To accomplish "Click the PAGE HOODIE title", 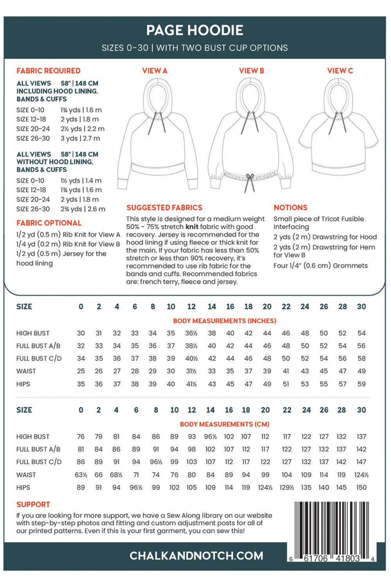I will click(x=195, y=30).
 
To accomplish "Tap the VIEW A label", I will click(x=155, y=71).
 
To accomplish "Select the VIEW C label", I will click(x=340, y=71).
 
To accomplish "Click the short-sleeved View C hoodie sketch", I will click(x=338, y=129).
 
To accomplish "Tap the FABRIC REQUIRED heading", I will click(x=48, y=71).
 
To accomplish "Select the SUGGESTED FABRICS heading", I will click(x=164, y=208).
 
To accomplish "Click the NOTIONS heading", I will click(x=290, y=208).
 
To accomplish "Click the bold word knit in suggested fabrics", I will click(x=192, y=227).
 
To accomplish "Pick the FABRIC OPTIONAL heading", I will click(x=49, y=223).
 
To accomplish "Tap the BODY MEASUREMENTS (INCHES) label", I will click(x=224, y=321).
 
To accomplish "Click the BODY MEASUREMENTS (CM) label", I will click(x=224, y=424).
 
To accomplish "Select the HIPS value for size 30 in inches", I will click(x=361, y=384).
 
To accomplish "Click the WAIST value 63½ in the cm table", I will click(x=81, y=475).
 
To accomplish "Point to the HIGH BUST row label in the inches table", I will click(x=33, y=333).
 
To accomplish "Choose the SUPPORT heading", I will click(x=33, y=505).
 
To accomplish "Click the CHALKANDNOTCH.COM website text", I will click(x=196, y=556).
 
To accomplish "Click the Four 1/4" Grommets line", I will click(x=320, y=266).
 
